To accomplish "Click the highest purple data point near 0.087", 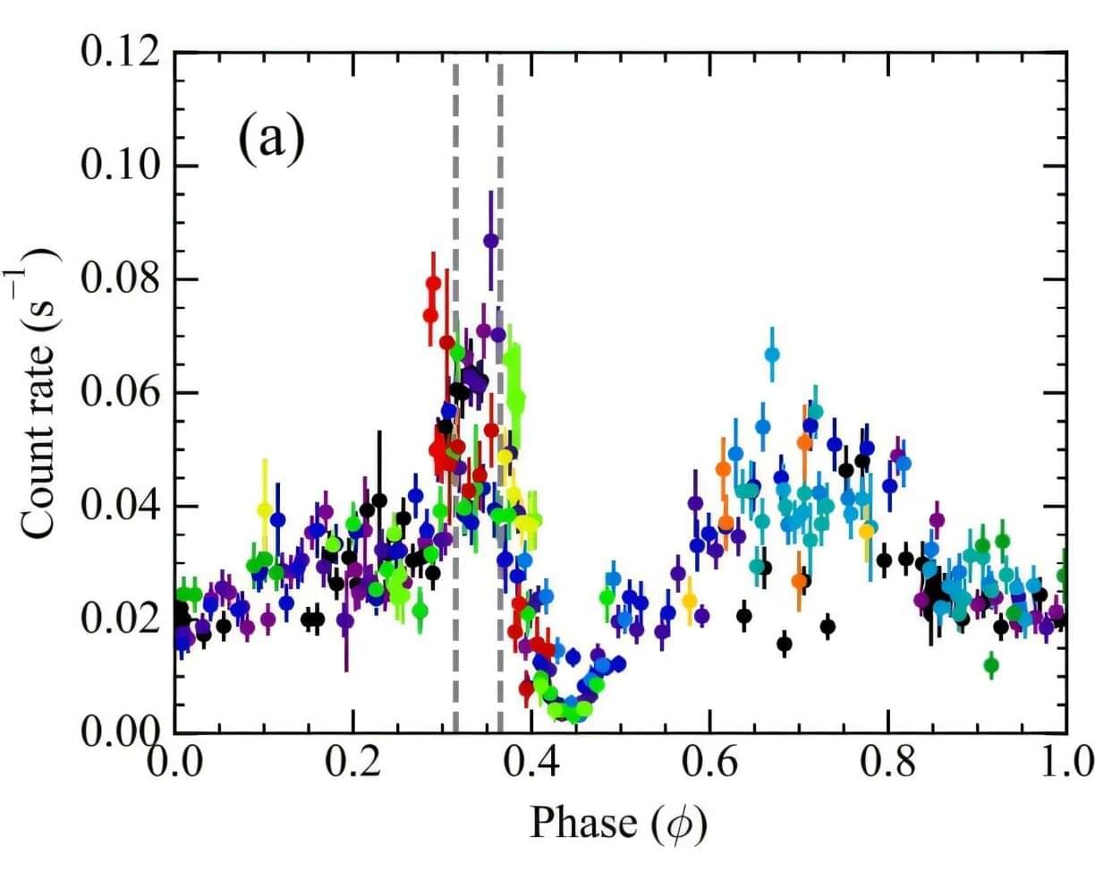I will click(x=490, y=240).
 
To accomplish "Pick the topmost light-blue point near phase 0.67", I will click(x=772, y=355).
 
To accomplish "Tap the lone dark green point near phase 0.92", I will click(x=990, y=665).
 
